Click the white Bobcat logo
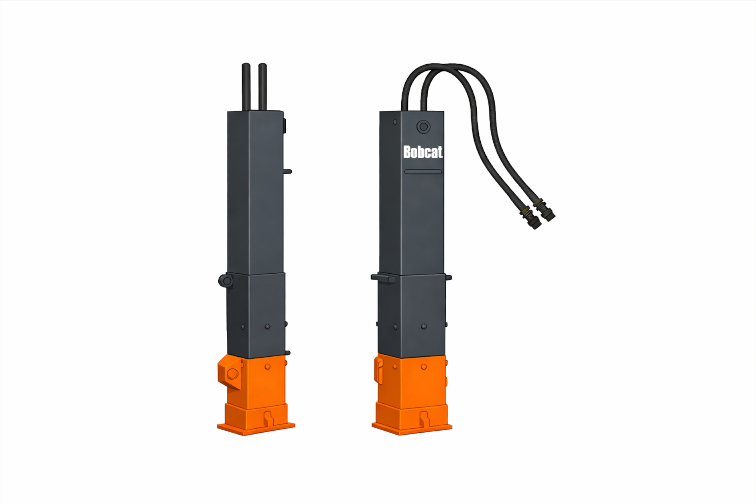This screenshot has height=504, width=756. tap(423, 152)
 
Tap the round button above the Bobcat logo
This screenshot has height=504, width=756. tap(423, 127)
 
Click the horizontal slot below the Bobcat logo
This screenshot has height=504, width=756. tap(423, 172)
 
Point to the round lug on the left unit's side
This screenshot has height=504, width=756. tap(225, 280)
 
